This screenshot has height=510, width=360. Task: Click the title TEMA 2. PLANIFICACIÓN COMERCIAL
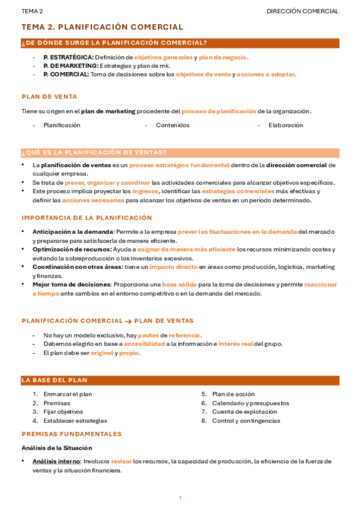[102, 27]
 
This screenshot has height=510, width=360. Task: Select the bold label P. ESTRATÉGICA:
[68, 57]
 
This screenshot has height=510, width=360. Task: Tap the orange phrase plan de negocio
[223, 57]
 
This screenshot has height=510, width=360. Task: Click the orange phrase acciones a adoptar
[266, 74]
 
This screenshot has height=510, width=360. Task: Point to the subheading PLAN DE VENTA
[49, 96]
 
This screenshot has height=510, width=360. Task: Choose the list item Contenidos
[172, 125]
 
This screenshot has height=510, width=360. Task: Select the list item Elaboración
[286, 125]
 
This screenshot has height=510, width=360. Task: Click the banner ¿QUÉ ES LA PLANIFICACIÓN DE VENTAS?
[94, 152]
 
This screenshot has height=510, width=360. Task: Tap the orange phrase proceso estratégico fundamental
[179, 165]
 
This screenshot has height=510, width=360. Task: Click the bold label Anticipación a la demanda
[73, 232]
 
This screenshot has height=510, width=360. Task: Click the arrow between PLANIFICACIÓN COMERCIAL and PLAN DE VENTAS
[128, 321]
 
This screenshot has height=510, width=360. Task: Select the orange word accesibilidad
[144, 344]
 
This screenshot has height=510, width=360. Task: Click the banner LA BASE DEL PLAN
[55, 380]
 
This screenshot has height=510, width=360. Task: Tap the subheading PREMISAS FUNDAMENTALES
[72, 434]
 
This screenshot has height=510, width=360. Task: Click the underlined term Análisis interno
[56, 461]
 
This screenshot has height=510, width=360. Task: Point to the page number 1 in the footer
[180, 498]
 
